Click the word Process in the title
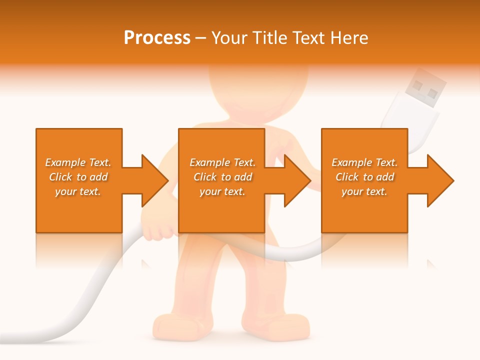point(157,38)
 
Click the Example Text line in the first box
point(78,162)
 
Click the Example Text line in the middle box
point(222,162)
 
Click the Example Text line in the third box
point(364,162)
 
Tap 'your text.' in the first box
point(78,191)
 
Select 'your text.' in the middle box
point(222,191)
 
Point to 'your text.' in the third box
point(364,191)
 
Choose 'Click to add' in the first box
point(78,177)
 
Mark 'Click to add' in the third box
point(364,177)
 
